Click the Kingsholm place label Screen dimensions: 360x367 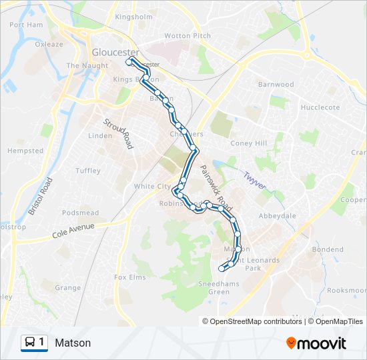(x=134, y=17)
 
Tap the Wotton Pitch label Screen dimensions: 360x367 (x=188, y=36)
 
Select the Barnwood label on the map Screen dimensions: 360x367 (x=276, y=85)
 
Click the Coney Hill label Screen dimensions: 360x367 (x=248, y=143)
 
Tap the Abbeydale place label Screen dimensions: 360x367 (x=277, y=216)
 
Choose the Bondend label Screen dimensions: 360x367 (x=327, y=249)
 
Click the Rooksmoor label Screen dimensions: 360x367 (x=347, y=291)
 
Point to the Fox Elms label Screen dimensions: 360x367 (x=129, y=277)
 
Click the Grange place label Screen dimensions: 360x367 (x=67, y=288)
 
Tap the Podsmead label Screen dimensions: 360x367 (x=80, y=213)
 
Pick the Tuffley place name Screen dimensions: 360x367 (x=88, y=171)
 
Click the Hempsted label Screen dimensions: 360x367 (x=25, y=151)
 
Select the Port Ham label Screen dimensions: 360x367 (x=27, y=25)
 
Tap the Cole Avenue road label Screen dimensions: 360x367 (x=73, y=231)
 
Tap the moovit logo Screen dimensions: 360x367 (x=316, y=343)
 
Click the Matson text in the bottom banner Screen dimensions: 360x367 (x=73, y=343)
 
